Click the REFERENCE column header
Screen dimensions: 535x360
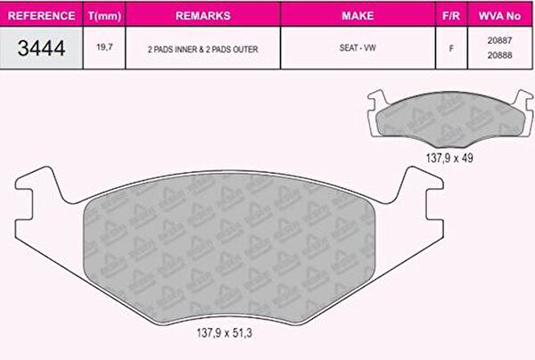pyautogui.click(x=41, y=16)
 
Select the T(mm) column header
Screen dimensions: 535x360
pyautogui.click(x=104, y=16)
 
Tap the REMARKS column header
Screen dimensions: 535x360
pyautogui.click(x=203, y=16)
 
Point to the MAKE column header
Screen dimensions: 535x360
pyautogui.click(x=358, y=16)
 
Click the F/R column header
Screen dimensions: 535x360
pyautogui.click(x=451, y=16)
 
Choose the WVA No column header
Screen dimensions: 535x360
pyautogui.click(x=499, y=16)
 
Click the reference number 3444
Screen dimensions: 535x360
pyautogui.click(x=41, y=48)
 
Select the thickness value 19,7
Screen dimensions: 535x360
pyautogui.click(x=104, y=47)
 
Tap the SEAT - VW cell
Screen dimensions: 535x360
pyautogui.click(x=358, y=48)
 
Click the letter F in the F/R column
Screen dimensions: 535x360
pyautogui.click(x=451, y=48)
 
